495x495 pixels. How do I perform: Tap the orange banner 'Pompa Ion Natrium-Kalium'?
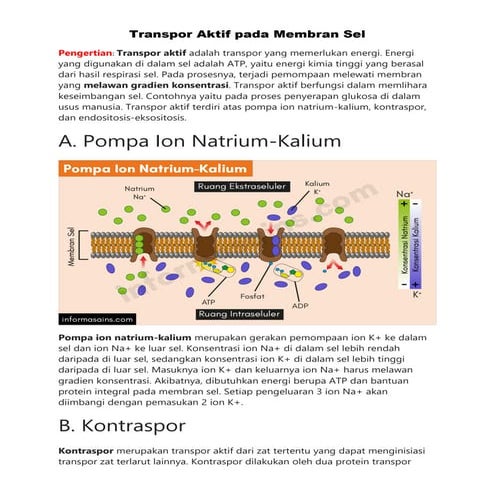[156, 170]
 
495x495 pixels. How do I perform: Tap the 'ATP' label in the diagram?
[209, 300]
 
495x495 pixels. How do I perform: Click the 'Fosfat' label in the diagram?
[253, 296]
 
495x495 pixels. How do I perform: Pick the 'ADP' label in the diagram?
[300, 304]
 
